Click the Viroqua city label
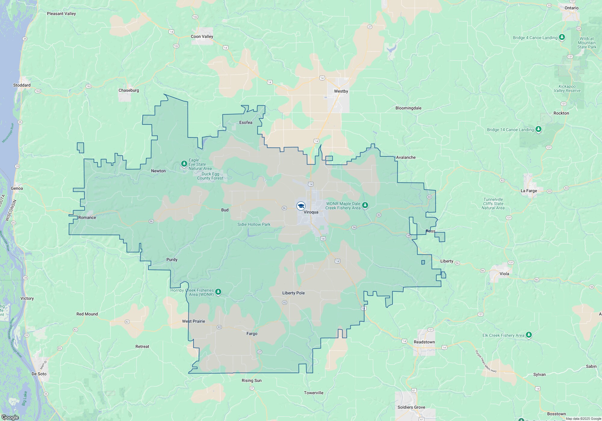[311, 212]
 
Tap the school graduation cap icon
[301, 206]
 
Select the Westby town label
[341, 91]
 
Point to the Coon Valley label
[202, 36]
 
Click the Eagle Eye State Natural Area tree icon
[184, 164]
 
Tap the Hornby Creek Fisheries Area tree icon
[218, 292]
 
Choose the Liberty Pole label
[293, 293]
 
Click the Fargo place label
[252, 333]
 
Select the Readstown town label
[424, 342]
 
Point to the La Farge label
[529, 191]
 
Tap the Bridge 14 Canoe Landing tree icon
[538, 129]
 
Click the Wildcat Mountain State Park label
[587, 43]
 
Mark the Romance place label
[87, 217]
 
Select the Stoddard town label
[22, 85]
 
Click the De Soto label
[39, 374]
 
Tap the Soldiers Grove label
[411, 407]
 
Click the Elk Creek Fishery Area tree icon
[529, 335]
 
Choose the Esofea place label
[246, 122]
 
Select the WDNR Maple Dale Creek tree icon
[365, 205]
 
